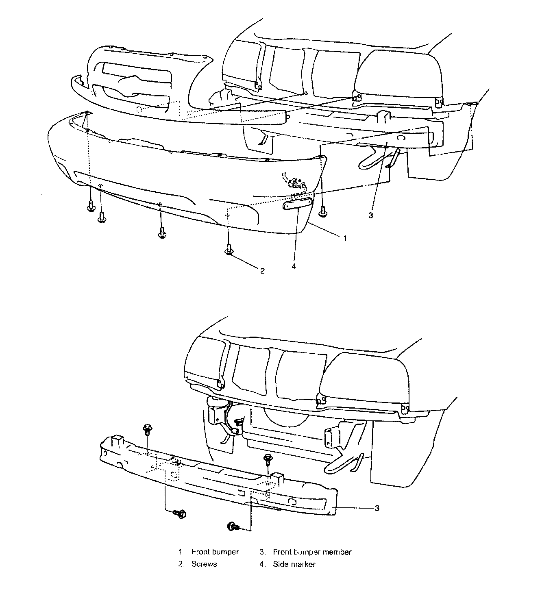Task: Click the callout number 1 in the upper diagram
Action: [345, 238]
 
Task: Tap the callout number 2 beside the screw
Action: [262, 270]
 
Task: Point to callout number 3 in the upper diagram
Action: [370, 215]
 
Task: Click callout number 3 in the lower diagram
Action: [377, 508]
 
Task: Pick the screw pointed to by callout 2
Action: [229, 249]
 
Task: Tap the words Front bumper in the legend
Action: [215, 552]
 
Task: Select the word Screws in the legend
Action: [204, 564]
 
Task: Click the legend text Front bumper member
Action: [312, 552]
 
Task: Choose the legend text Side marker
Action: [294, 564]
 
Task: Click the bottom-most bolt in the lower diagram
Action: [233, 526]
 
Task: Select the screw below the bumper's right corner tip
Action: [323, 211]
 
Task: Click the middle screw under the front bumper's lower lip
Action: [161, 233]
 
